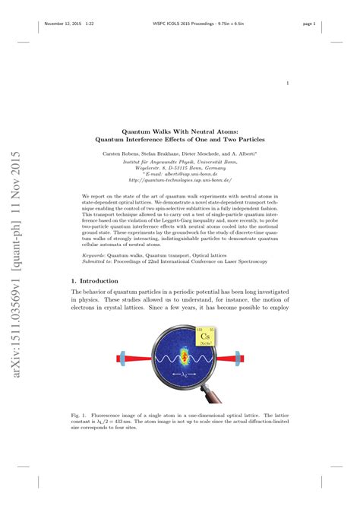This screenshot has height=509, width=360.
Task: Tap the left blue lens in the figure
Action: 122,357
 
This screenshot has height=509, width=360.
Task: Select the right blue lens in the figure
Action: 237,357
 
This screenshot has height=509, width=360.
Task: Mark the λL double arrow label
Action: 179,375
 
